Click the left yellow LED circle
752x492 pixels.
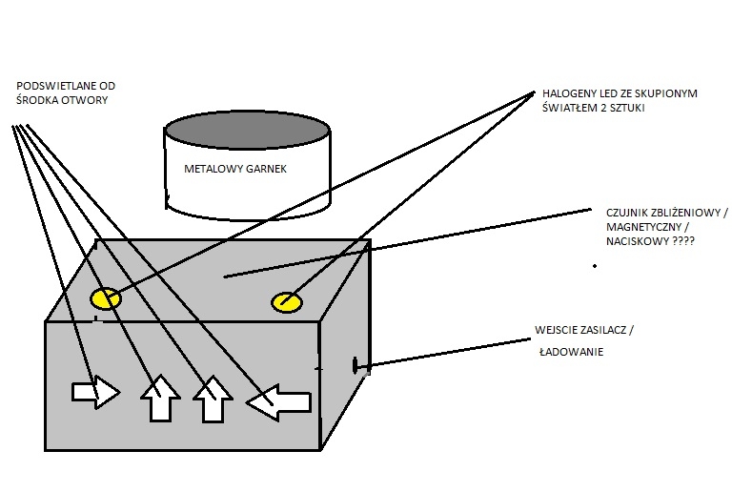(x=105, y=298)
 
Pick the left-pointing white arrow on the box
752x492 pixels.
(x=278, y=402)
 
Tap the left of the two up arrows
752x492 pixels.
(x=160, y=399)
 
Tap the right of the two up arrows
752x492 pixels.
(x=213, y=399)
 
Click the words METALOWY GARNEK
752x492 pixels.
(x=234, y=170)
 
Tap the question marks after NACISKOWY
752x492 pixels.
(x=681, y=242)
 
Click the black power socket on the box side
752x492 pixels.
(x=357, y=363)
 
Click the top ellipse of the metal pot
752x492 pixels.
(x=249, y=130)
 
